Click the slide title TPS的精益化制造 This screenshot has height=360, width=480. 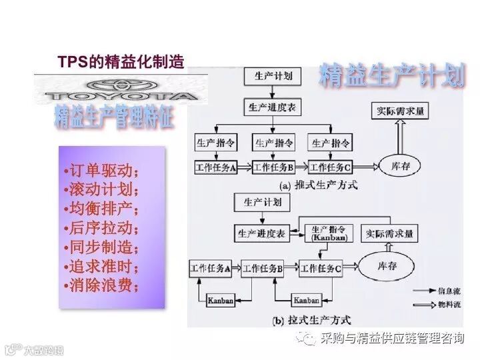point(120,63)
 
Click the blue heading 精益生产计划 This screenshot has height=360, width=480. point(391,75)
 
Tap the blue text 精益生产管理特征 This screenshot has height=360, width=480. point(114,117)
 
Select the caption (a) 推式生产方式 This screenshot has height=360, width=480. point(319,185)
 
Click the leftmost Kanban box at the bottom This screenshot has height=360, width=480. point(220,300)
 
